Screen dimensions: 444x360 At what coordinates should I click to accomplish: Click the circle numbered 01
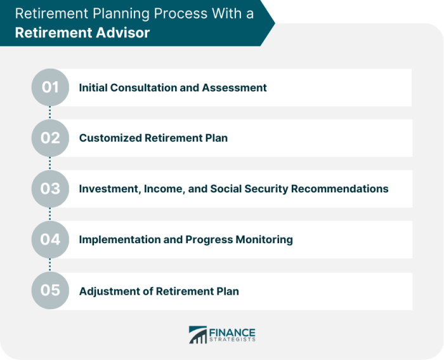pos(50,88)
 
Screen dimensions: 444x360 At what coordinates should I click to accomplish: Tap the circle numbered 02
pos(50,138)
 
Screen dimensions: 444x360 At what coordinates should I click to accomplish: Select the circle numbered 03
pos(50,189)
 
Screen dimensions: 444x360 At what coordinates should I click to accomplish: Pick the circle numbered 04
pos(50,239)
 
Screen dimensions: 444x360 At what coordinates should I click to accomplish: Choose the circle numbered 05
pos(50,290)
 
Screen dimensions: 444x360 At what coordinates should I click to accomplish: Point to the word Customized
pos(110,138)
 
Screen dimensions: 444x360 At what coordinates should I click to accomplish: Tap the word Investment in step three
pos(110,189)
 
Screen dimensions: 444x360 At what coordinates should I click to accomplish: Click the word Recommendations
pos(340,189)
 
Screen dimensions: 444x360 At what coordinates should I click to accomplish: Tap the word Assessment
pos(234,88)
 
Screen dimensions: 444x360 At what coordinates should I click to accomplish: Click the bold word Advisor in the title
pos(122,32)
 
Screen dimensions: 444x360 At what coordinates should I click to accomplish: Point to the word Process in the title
pos(181,13)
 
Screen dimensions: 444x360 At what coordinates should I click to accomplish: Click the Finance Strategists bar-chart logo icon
pos(198,335)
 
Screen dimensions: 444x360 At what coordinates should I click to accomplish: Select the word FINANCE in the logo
pos(232,333)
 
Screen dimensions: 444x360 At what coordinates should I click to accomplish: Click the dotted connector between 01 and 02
pos(50,112)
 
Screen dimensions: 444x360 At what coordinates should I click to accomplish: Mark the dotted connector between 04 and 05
pos(50,265)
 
